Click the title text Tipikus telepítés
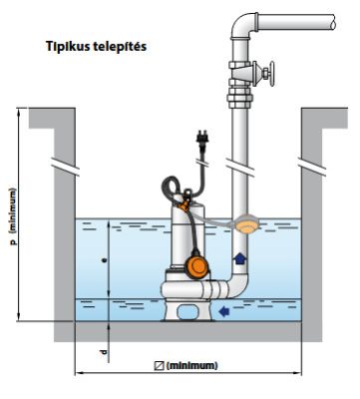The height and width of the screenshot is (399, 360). coord(96,47)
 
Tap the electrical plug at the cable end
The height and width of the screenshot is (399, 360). coord(201,138)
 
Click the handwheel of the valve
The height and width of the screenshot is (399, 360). coord(271,74)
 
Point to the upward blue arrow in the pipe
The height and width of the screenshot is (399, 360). coord(239,258)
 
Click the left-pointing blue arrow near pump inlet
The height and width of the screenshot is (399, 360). coord(224,311)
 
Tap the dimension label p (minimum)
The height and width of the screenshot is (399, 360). coord(13,216)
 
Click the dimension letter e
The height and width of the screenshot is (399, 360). coord(105,260)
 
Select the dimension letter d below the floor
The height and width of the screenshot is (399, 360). coord(104,352)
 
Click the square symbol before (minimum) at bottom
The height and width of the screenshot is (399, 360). coord(160,366)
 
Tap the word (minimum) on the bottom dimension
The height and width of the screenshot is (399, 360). coord(191,366)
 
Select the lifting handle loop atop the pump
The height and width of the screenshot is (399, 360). coord(171,188)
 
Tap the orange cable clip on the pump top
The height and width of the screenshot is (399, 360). coord(183,205)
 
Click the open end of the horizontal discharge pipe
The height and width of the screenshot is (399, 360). coord(332,22)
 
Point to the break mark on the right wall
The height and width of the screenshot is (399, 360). coord(312,166)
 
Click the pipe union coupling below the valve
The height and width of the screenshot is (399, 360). coord(239,98)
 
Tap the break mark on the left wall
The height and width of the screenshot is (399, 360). coord(65,166)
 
